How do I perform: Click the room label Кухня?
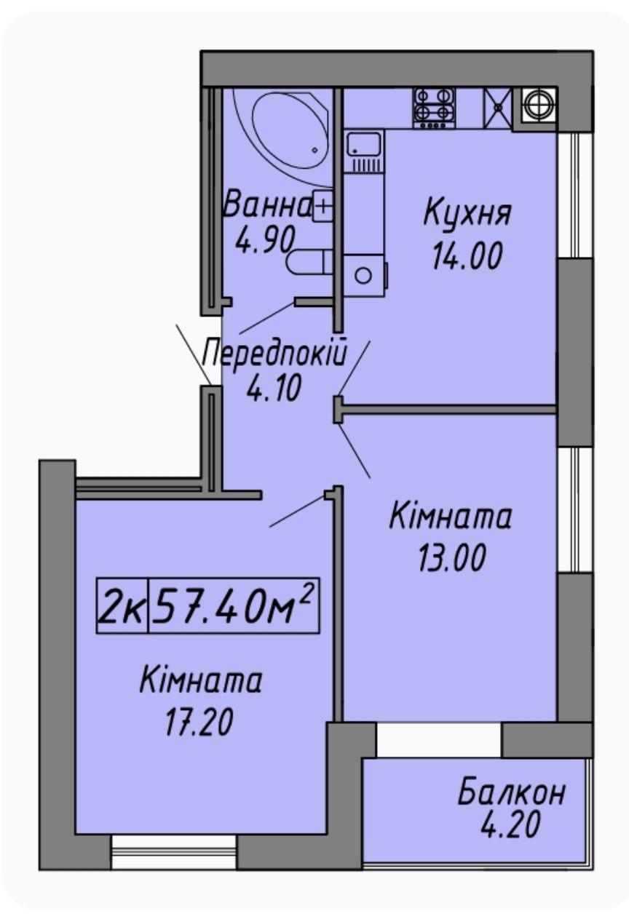coord(467,214)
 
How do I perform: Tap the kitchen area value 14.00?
coord(467,255)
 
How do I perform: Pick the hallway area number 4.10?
coord(274,388)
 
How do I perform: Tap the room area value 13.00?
coord(452,557)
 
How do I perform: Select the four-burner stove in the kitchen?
coord(434,108)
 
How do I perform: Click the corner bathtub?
coord(283,130)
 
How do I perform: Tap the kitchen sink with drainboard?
coord(364,151)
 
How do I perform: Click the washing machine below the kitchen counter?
coord(365,275)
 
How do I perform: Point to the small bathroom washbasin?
coord(323,205)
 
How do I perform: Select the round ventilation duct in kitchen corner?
coord(539,105)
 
